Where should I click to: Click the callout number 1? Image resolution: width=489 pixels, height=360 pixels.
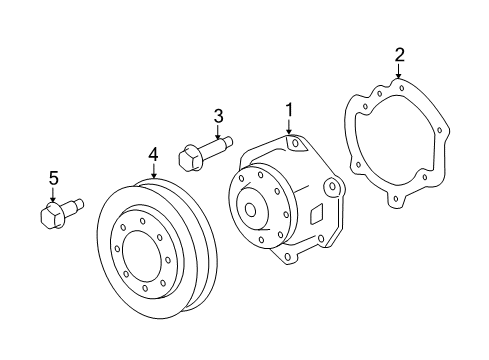coord(289,110)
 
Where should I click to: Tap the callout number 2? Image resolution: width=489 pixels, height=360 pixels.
coord(400,55)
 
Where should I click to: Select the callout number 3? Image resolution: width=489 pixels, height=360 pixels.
coord(218,116)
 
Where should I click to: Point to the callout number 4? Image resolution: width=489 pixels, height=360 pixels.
coord(153,155)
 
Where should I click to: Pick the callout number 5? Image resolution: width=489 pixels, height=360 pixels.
coord(54,178)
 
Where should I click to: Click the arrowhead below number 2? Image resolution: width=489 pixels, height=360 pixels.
coord(398,76)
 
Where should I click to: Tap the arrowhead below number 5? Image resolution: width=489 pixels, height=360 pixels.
coord(53,199)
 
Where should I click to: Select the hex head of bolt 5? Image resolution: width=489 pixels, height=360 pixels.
coord(51,215)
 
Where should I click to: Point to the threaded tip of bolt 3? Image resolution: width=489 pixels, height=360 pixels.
coord(228,141)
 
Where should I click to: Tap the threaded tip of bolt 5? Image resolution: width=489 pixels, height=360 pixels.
coord(79,204)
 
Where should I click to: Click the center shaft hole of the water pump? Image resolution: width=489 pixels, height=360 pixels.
coord(250,210)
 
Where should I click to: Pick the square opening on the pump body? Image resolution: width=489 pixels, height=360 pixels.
coord(316,214)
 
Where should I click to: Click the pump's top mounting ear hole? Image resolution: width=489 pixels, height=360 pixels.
coord(295,144)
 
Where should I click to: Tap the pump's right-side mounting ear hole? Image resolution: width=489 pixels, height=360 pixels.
coord(332,186)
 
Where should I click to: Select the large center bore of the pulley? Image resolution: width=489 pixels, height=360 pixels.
coord(143,254)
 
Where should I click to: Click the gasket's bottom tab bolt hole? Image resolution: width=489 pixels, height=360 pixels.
coord(395,199)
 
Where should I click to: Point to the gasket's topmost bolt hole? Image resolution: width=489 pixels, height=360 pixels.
coord(402,88)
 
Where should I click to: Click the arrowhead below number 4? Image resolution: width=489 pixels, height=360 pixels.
coord(153,175)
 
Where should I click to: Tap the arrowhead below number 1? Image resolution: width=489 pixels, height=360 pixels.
coord(289,132)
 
